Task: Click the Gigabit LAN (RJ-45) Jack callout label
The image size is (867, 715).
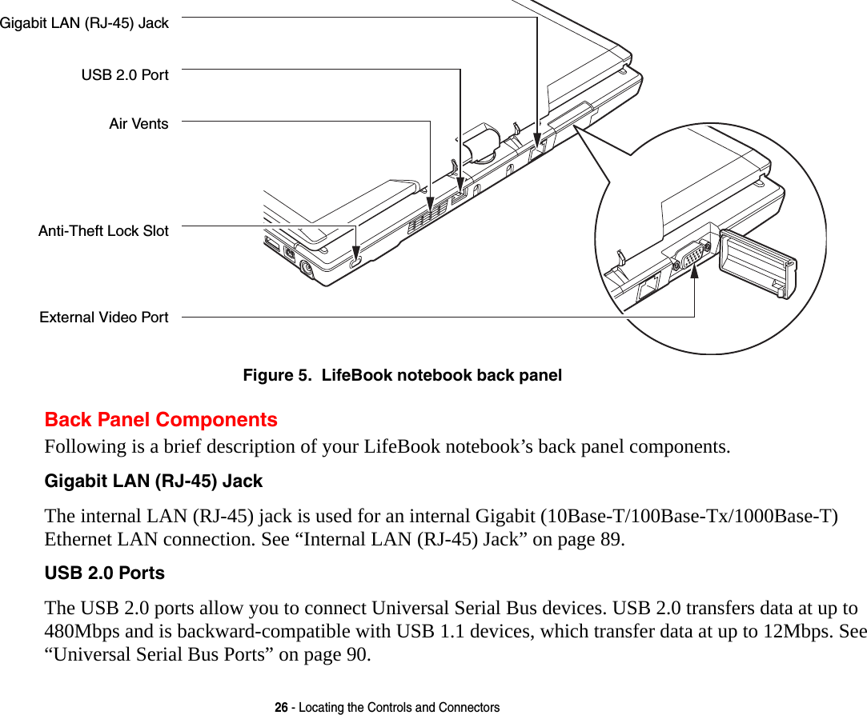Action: (x=84, y=23)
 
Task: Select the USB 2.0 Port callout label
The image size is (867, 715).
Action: (x=125, y=75)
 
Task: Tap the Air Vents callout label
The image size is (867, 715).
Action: (x=138, y=124)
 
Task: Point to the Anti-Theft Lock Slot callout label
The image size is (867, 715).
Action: (x=103, y=231)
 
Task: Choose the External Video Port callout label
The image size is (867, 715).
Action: (x=104, y=318)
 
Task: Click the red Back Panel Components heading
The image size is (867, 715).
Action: (x=161, y=420)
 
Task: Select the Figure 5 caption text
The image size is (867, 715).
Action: (x=402, y=375)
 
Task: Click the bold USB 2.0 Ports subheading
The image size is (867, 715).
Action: (x=104, y=573)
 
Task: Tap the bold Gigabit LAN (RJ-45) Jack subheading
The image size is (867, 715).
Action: (x=153, y=481)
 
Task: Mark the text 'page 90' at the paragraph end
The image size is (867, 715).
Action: (x=338, y=656)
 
